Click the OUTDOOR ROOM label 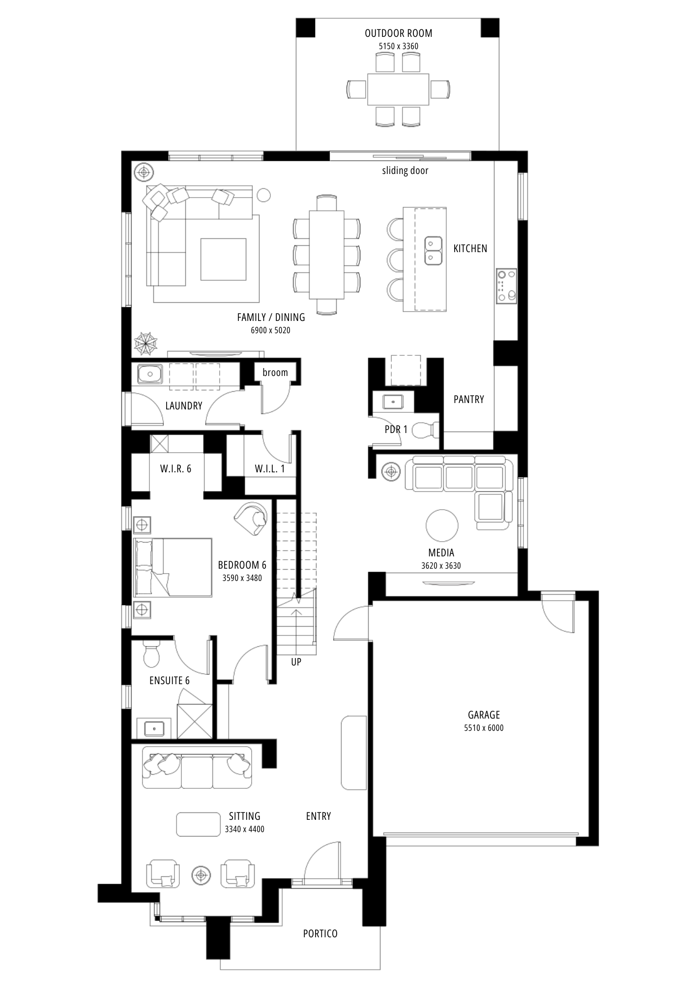coord(398,33)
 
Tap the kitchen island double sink coord(433,251)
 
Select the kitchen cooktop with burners coord(506,286)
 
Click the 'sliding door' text coord(405,171)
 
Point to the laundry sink coord(150,374)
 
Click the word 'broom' coord(275,373)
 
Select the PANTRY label coord(469,400)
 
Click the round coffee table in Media coord(442,525)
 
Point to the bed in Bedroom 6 coord(173,567)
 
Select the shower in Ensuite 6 coord(195,721)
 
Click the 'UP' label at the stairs coord(296,662)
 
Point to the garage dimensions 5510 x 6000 coord(484,728)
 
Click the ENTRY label coord(319,816)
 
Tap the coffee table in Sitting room coord(199,824)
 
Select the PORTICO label coord(320,934)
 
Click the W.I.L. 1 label coord(269,469)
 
